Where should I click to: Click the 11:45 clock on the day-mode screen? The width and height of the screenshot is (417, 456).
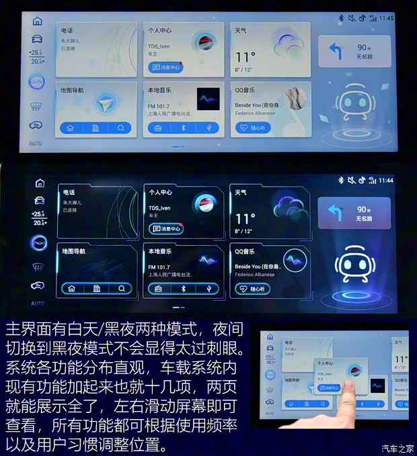tap(386, 18)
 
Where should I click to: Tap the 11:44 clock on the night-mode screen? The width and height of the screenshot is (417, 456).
tap(385, 180)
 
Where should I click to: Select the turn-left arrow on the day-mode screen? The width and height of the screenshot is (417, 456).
tap(335, 52)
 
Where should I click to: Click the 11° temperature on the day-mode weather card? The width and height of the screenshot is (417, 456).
tap(245, 57)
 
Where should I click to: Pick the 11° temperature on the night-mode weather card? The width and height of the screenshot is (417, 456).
tap(245, 219)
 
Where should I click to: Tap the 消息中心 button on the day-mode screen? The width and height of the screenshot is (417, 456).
tap(165, 67)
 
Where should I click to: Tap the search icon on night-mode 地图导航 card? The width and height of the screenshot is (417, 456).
tap(121, 289)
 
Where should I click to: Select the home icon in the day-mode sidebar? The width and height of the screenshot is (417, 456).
tap(37, 21)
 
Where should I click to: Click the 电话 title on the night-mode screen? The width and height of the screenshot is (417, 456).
tap(68, 192)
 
